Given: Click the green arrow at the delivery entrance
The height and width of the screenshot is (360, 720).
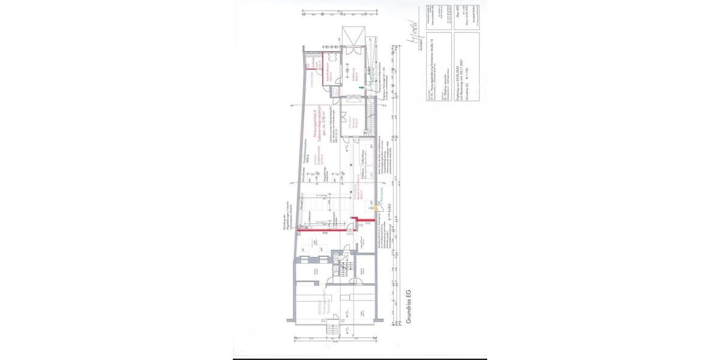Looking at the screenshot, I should (x=361, y=88).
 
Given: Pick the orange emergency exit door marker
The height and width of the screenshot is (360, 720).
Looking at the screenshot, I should (x=376, y=208).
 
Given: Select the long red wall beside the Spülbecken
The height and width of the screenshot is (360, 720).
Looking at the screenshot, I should (x=326, y=229).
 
